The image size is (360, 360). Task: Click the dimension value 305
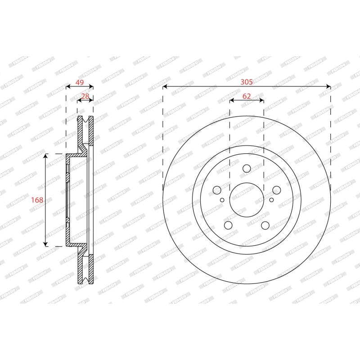(x=246, y=82)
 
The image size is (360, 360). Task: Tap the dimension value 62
(x=246, y=96)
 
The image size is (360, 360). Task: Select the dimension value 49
(x=80, y=82)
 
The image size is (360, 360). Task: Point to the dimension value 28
(x=85, y=96)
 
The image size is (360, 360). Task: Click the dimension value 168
(x=37, y=200)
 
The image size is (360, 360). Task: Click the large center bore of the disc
(x=247, y=200)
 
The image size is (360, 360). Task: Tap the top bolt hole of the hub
(x=247, y=168)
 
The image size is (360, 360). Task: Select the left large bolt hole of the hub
(x=217, y=190)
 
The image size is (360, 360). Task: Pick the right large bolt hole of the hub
(x=276, y=190)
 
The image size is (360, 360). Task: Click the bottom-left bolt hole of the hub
(x=228, y=225)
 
